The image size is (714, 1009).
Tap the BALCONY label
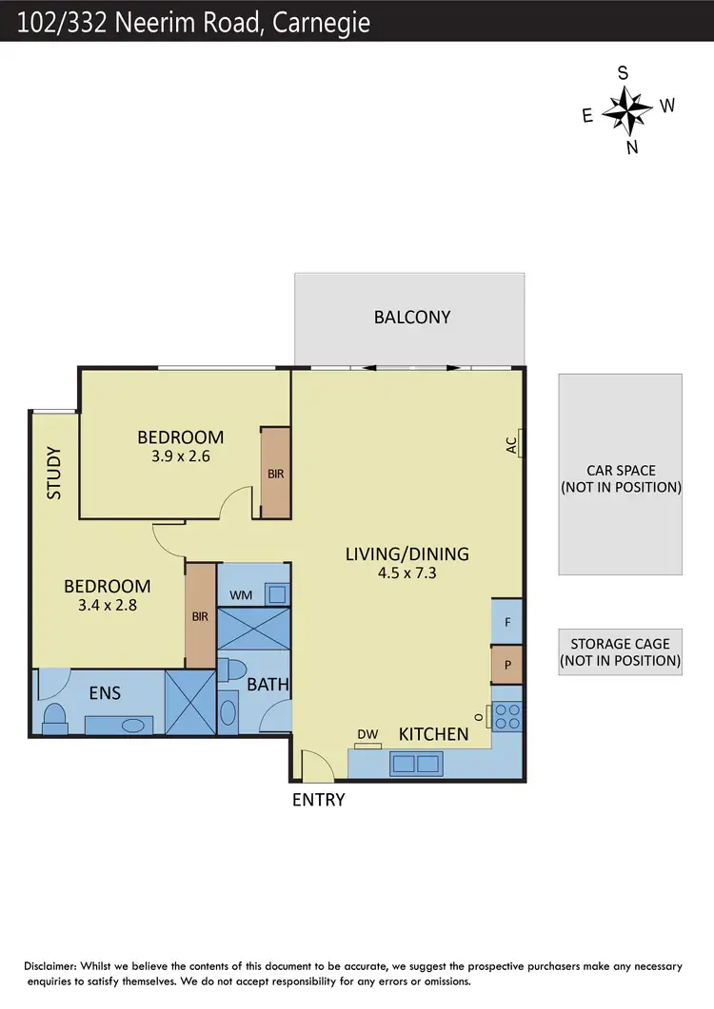pyautogui.click(x=411, y=317)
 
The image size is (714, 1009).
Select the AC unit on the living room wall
pyautogui.click(x=521, y=443)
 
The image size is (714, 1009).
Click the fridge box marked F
pyautogui.click(x=506, y=622)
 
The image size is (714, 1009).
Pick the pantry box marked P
pyautogui.click(x=506, y=665)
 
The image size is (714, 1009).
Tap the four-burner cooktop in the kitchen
pyautogui.click(x=506, y=715)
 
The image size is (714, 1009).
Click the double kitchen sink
pyautogui.click(x=415, y=763)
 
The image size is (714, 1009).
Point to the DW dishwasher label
pyautogui.click(x=368, y=734)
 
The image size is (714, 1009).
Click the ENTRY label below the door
pyautogui.click(x=318, y=800)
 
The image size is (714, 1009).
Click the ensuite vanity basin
pyautogui.click(x=132, y=725)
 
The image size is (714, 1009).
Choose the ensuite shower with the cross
pyautogui.click(x=189, y=703)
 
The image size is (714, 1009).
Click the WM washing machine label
pyautogui.click(x=241, y=595)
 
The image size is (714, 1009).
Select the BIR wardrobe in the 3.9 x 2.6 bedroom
pyautogui.click(x=275, y=473)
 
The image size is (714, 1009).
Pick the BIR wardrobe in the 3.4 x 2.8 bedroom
pyautogui.click(x=200, y=615)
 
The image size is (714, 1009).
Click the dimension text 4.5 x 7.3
pyautogui.click(x=407, y=572)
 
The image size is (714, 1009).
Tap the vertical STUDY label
pyautogui.click(x=54, y=473)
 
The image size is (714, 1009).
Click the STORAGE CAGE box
pyautogui.click(x=620, y=651)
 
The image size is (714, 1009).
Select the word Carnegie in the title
pyautogui.click(x=322, y=21)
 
